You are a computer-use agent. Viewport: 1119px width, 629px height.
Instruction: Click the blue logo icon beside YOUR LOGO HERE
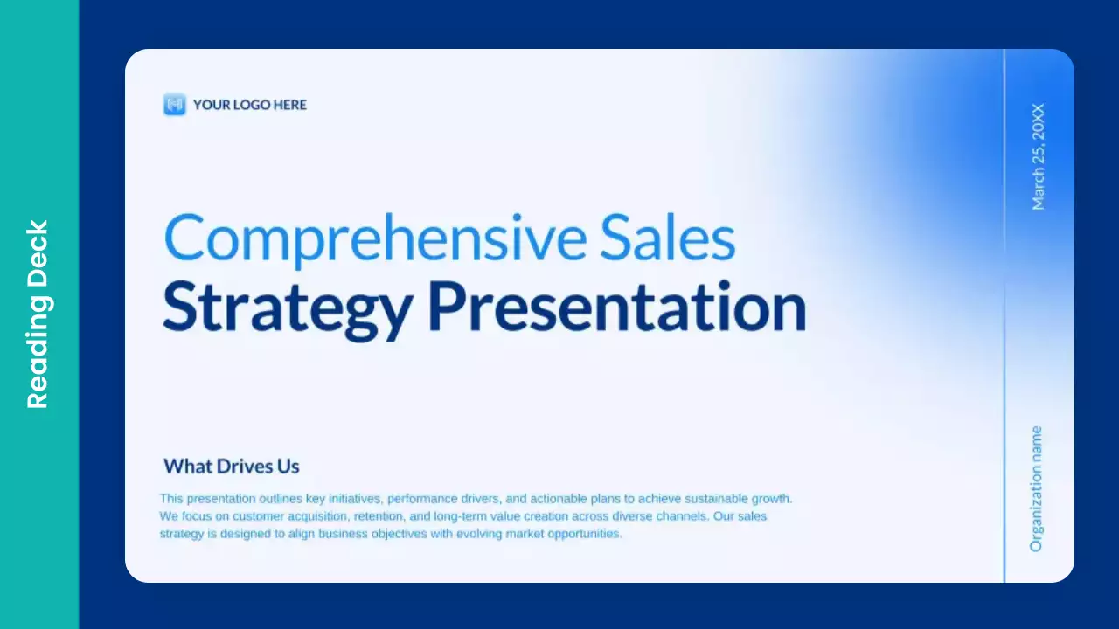(175, 105)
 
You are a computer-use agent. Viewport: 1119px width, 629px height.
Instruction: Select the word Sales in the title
(668, 238)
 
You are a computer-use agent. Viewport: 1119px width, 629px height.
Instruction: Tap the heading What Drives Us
(232, 467)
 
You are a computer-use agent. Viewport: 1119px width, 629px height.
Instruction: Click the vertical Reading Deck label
(38, 314)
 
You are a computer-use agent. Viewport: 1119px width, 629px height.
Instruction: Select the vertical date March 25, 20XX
(1038, 157)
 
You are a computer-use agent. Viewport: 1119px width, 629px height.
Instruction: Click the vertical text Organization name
(1037, 488)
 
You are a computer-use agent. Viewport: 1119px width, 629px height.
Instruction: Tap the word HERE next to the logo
(290, 105)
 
